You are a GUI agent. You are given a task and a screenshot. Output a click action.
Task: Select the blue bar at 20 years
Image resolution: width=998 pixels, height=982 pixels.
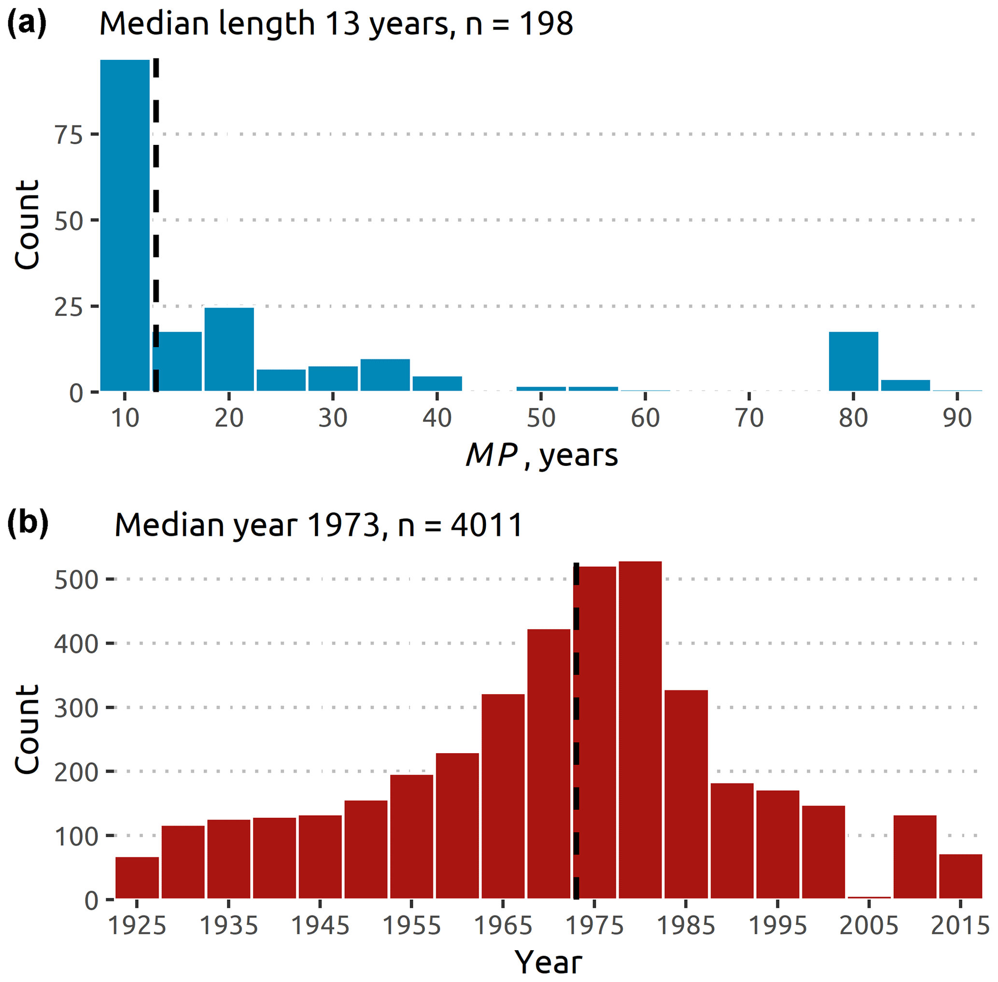(229, 349)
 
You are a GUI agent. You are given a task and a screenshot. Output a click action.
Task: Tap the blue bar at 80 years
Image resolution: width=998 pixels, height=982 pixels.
(853, 362)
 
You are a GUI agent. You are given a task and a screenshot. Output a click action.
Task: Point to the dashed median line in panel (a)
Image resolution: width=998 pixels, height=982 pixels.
(156, 206)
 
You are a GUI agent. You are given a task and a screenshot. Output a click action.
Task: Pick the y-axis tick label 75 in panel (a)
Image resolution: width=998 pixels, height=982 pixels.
(69, 135)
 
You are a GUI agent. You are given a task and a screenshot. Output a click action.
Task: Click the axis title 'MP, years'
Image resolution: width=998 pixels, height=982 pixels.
(542, 455)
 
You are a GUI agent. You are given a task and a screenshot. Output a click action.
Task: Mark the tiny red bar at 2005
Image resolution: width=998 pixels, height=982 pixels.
(869, 898)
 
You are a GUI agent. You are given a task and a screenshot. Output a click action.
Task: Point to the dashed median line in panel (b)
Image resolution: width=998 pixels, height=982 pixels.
(576, 722)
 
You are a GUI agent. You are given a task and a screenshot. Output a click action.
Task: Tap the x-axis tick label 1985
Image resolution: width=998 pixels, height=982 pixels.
(686, 926)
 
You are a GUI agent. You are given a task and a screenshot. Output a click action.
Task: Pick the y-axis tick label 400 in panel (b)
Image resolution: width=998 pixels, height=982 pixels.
(76, 644)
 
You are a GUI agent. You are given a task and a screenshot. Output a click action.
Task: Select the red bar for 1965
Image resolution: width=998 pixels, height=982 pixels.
(503, 797)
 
